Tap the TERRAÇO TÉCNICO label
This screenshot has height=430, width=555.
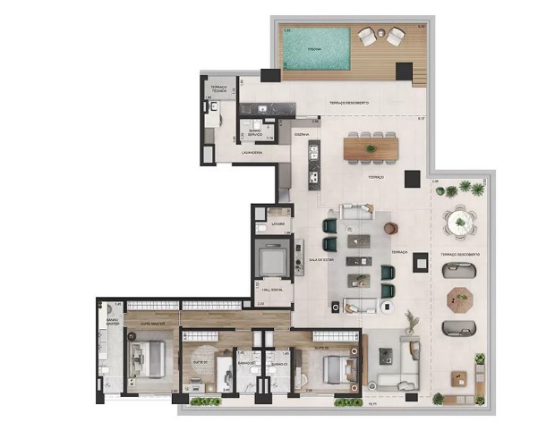pos(218,89)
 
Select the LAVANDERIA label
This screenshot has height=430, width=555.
pos(252,153)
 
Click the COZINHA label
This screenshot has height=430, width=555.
pos(302,136)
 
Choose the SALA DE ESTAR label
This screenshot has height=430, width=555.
pos(321,258)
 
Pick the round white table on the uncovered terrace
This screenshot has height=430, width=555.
pos(460,220)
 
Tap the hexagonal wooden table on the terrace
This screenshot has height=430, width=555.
pos(460,296)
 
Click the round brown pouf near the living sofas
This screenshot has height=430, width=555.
pos(390,228)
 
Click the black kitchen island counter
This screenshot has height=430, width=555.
pos(313,164)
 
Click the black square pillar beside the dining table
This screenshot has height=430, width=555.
pos(411,178)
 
